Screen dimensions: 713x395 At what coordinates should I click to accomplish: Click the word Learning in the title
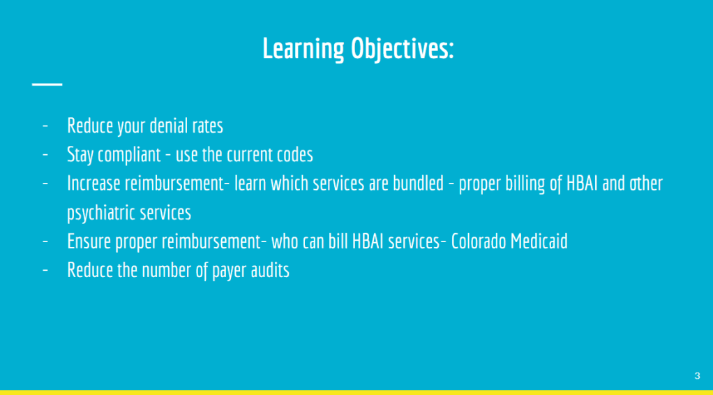tap(303, 49)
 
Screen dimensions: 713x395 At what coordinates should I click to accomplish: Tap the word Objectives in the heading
tap(403, 49)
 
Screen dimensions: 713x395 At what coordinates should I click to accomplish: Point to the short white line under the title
tap(47, 84)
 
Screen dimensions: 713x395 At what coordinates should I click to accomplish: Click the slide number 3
tap(697, 376)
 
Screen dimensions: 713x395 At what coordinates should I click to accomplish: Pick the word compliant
tap(130, 155)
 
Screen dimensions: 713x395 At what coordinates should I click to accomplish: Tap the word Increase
tap(93, 184)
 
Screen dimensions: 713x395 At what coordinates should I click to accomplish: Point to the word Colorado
tap(479, 241)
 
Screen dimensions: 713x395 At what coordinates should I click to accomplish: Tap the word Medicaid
tap(539, 241)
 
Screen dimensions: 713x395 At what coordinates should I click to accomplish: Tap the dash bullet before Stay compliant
tap(45, 155)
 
